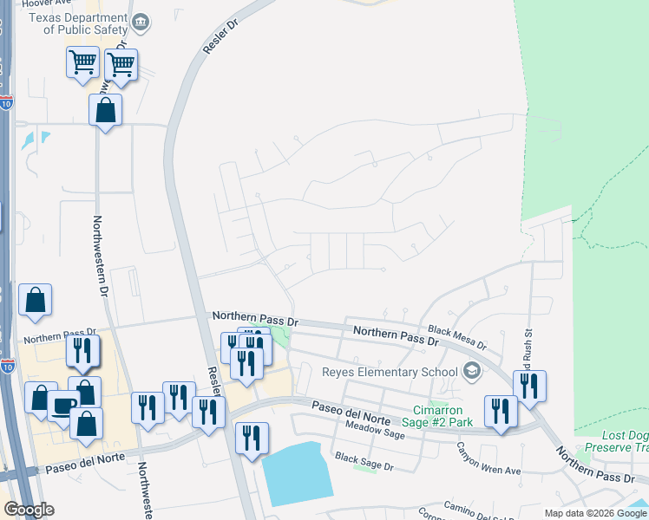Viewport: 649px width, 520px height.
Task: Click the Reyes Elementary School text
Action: [390, 373]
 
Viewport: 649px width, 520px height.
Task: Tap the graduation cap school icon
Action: [473, 372]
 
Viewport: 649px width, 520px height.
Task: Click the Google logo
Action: [29, 510]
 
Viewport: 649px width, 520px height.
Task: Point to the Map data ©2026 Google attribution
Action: [595, 513]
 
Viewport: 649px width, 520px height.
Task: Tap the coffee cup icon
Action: [64, 406]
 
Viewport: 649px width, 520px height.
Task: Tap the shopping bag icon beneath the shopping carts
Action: [105, 110]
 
